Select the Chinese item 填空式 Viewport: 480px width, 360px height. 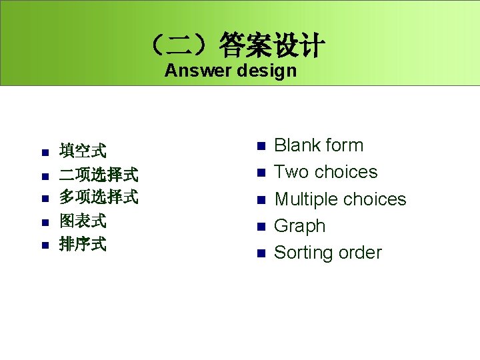click(x=83, y=151)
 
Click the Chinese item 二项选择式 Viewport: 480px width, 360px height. click(x=99, y=175)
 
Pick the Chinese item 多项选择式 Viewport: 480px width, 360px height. click(x=99, y=197)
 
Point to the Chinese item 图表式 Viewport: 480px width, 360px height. click(x=83, y=221)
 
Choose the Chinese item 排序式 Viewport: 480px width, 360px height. click(x=83, y=244)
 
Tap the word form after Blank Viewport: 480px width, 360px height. click(x=345, y=145)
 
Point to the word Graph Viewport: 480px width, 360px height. click(x=300, y=226)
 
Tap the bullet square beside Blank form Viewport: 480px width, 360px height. click(x=261, y=146)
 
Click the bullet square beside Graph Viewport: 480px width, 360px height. click(x=261, y=227)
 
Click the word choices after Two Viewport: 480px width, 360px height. click(x=345, y=172)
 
